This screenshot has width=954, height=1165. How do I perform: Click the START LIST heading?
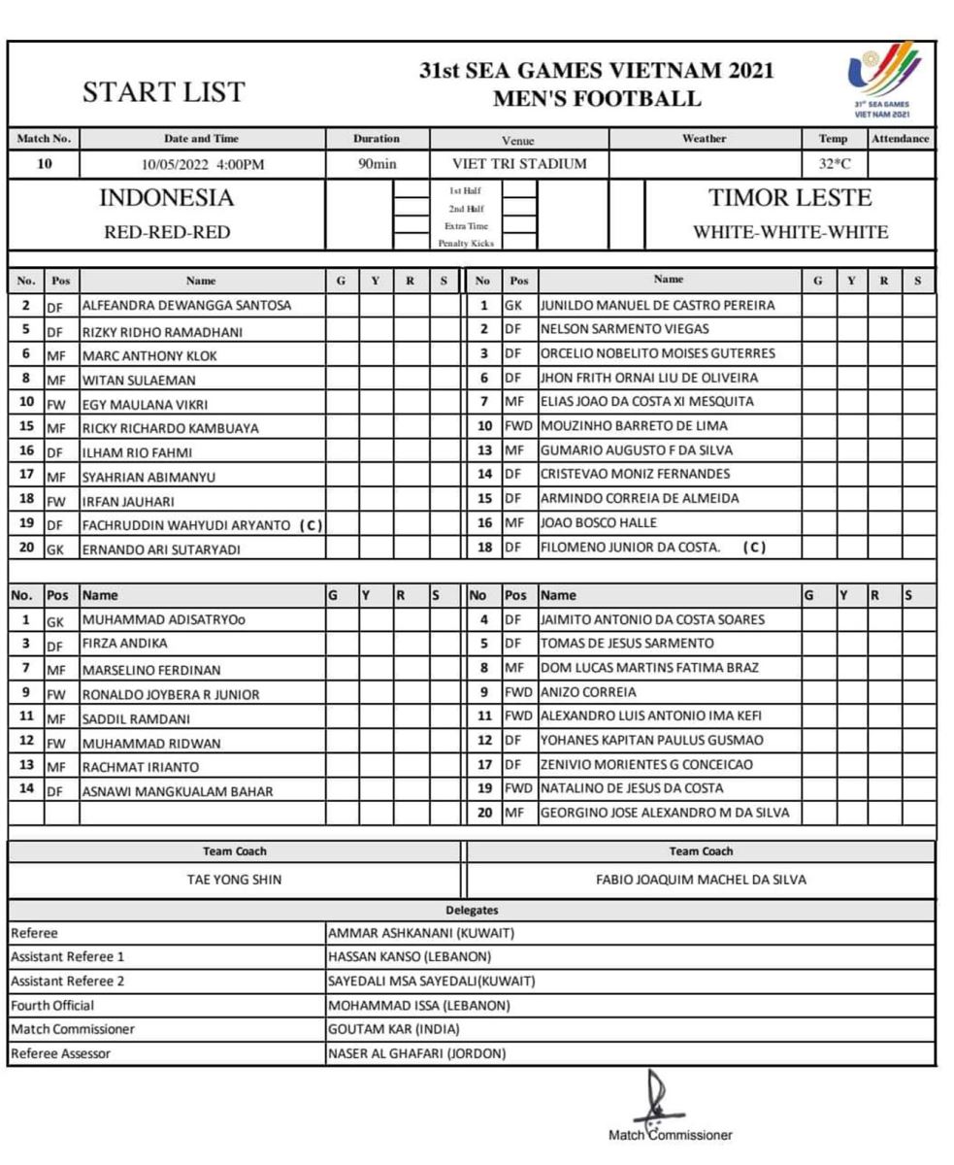[x=163, y=92]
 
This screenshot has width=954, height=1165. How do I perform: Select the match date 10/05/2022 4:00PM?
[x=202, y=164]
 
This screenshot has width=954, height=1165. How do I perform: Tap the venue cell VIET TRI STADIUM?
[x=519, y=164]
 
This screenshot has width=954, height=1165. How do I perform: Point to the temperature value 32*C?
[x=835, y=164]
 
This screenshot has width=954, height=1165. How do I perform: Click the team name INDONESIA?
[x=167, y=199]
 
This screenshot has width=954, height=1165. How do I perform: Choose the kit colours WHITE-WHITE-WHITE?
[x=790, y=233]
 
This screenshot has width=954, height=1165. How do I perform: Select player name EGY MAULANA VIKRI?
[x=145, y=404]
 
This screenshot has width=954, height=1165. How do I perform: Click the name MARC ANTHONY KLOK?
[x=149, y=355]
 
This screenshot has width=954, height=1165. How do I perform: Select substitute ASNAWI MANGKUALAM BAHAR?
[x=177, y=791]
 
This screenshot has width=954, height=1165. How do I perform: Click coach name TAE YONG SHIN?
[x=235, y=880]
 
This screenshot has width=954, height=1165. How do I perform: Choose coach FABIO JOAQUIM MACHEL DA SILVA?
[x=701, y=880]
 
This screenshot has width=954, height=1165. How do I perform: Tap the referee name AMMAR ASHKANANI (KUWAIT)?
[x=420, y=933]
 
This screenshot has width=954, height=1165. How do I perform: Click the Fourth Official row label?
[x=52, y=1005]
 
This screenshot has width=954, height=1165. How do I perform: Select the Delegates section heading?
[x=473, y=911]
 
